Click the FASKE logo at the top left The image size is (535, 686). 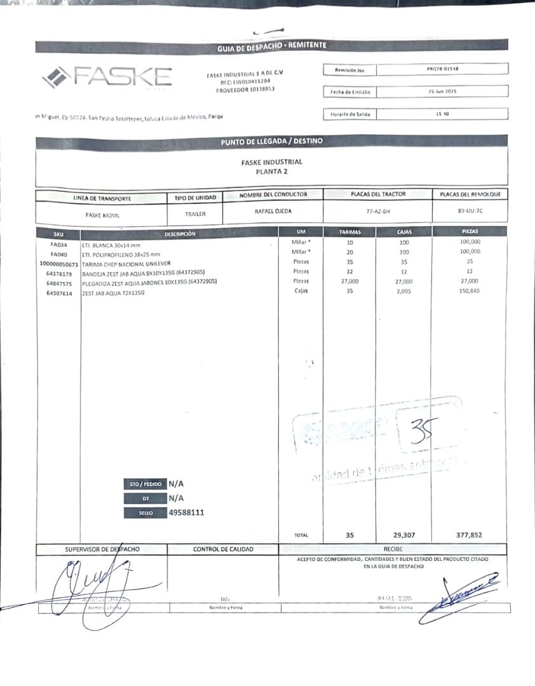point(107,77)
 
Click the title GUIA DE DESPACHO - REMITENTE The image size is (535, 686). point(272,46)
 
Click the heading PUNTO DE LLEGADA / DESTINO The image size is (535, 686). point(272,142)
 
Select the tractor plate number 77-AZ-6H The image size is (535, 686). point(377,211)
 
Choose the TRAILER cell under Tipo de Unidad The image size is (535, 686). point(196,215)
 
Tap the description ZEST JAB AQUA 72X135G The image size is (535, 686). point(114,293)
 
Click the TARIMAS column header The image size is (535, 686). point(350,232)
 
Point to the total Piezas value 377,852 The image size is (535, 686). point(469,535)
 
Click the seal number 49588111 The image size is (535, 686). point(187,512)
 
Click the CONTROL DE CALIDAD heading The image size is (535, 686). point(223,549)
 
